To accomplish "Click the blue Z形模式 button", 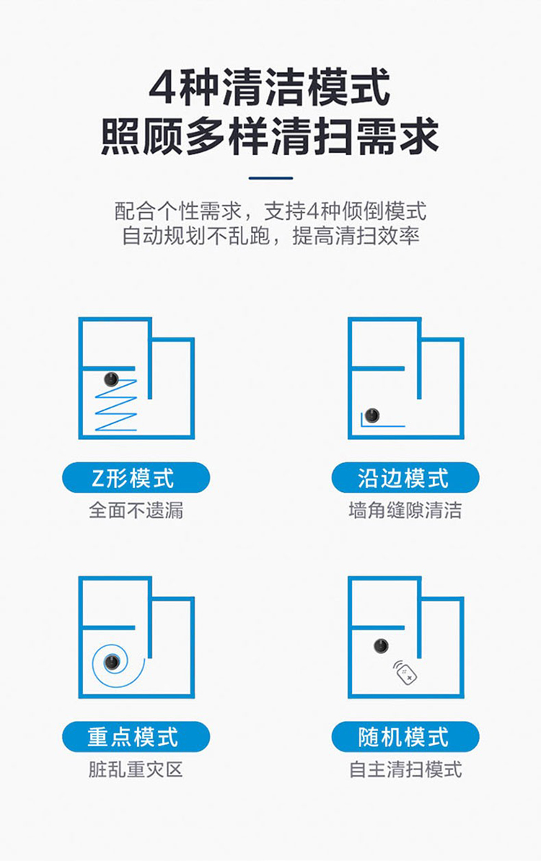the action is [x=136, y=477].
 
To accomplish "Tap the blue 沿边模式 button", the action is [x=405, y=477].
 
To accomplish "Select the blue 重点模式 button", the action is [x=136, y=736].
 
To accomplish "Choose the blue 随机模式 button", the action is [x=405, y=736].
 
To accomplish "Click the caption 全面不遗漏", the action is [x=136, y=510].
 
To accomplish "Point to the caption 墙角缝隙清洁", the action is [x=405, y=510].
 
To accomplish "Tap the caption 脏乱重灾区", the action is [x=136, y=769].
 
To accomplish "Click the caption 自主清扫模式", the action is [x=405, y=769].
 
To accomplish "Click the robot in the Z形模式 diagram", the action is [x=112, y=379].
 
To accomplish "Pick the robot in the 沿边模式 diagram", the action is [x=372, y=415].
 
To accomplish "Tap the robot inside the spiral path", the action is [x=112, y=662].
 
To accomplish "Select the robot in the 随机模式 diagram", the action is [x=381, y=646].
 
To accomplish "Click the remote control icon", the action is [x=405, y=673].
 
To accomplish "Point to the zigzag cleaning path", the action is [x=116, y=405].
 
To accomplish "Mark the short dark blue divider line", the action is [x=270, y=178].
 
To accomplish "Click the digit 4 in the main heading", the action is [x=162, y=89].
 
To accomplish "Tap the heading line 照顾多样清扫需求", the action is [x=270, y=136].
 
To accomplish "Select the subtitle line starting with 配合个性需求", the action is [x=270, y=211].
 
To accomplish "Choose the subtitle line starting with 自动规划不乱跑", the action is [x=270, y=236].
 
